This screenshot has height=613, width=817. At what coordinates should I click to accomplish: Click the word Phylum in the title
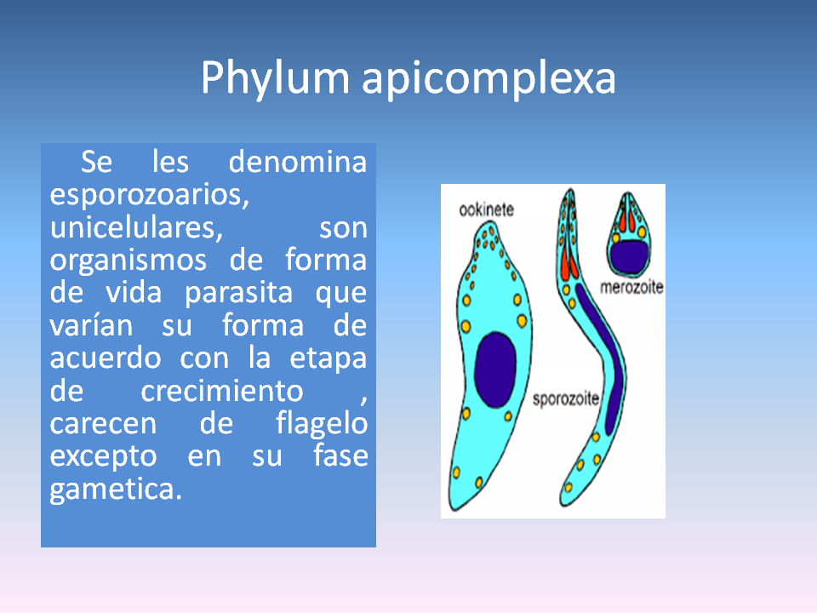[x=274, y=78]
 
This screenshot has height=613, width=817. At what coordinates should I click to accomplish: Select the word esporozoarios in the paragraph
[x=148, y=195]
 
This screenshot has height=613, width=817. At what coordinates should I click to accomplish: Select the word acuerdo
[x=106, y=358]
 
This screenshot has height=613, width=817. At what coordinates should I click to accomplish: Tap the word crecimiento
[x=222, y=391]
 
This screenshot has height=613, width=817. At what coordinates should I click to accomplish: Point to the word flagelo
[x=322, y=423]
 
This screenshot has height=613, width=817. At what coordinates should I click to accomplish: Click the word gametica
[x=116, y=489]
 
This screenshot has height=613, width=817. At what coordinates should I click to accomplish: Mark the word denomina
[x=298, y=162]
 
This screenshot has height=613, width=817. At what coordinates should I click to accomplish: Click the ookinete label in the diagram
[x=486, y=209]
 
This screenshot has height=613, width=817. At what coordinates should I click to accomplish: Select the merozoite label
[x=631, y=288]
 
